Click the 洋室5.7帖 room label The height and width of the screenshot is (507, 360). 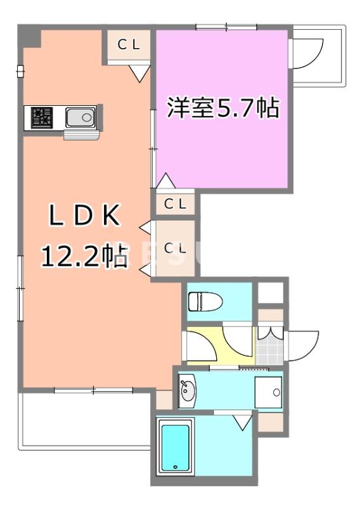[x=222, y=108]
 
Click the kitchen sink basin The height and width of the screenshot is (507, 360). [x=80, y=118]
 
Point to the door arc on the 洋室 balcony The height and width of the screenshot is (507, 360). [x=309, y=53]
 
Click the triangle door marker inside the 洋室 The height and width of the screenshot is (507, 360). [x=165, y=181]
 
